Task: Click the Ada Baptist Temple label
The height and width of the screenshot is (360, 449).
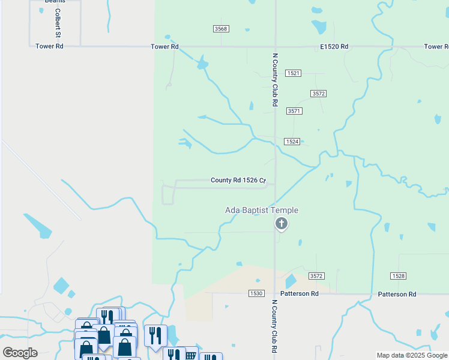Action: (x=261, y=210)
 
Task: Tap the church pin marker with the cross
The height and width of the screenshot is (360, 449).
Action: (x=281, y=224)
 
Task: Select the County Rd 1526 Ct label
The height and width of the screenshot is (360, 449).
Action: (x=238, y=181)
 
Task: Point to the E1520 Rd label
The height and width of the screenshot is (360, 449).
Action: (x=334, y=46)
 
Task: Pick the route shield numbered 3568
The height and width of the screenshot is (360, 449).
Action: (x=221, y=29)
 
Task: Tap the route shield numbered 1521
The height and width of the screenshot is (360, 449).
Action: (x=293, y=73)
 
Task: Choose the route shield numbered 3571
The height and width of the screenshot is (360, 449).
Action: (x=294, y=111)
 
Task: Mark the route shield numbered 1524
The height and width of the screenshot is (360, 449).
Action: (x=292, y=142)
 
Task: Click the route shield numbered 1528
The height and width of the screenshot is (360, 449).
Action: (x=398, y=276)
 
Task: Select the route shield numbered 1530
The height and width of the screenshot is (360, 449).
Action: (x=256, y=293)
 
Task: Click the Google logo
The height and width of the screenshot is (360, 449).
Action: (x=20, y=353)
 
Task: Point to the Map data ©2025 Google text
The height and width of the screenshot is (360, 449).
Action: (x=411, y=355)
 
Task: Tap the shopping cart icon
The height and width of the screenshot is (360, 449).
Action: (x=190, y=354)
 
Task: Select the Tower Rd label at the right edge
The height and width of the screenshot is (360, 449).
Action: (x=436, y=46)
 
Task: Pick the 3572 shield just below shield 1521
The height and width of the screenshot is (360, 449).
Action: (x=318, y=94)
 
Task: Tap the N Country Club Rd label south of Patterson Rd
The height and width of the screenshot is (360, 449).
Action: (x=274, y=327)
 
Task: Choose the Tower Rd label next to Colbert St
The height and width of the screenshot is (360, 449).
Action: (x=49, y=46)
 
